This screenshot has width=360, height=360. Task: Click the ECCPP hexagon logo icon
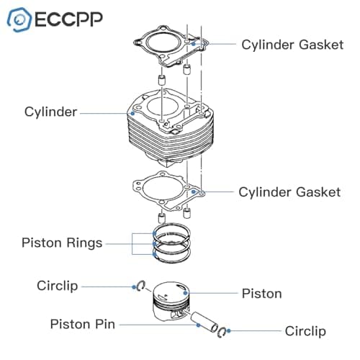point(19,19)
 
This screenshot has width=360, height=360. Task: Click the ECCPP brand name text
point(69,19)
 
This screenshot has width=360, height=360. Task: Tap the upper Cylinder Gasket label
point(292,45)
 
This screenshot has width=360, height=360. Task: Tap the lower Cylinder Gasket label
point(289,192)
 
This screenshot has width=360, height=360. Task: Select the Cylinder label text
point(50,112)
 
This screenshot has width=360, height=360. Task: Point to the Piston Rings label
point(62,243)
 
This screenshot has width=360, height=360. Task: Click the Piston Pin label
point(83,324)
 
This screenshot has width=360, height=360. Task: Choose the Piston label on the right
point(261,294)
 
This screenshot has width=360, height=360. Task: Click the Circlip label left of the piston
point(58,286)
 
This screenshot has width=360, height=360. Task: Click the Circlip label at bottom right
point(305,331)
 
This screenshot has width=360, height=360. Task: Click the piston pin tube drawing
point(204,322)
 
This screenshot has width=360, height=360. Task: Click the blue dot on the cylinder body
point(132,113)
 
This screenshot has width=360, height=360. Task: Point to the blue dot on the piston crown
point(185,293)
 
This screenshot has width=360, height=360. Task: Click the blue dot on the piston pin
point(198,325)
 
